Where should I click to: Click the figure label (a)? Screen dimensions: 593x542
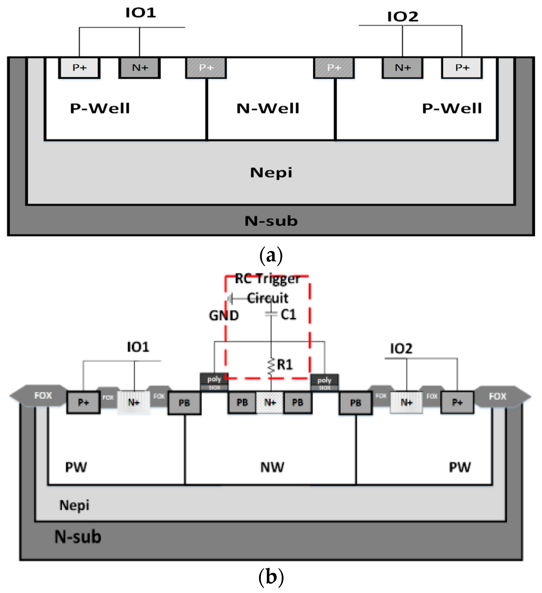[x=271, y=256]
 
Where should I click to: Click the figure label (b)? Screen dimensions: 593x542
[x=271, y=577]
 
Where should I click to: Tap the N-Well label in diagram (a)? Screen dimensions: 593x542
[x=268, y=108]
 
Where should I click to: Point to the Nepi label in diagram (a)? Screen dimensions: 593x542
[x=271, y=173]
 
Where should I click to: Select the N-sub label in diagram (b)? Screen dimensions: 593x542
[x=78, y=537]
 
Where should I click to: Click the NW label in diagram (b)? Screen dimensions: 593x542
[x=272, y=467]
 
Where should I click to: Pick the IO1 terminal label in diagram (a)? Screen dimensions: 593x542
[x=140, y=13]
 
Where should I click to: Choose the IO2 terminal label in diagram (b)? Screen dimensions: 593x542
[x=401, y=349]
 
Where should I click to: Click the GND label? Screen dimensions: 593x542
[x=224, y=316]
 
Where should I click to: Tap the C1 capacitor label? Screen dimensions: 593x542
[x=288, y=315]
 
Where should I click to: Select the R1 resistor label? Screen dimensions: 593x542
[x=285, y=365]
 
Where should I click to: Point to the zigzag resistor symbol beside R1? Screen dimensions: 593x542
[x=271, y=366]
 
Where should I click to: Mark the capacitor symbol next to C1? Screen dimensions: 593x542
[x=271, y=314]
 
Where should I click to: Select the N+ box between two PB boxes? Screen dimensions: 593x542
[x=270, y=402]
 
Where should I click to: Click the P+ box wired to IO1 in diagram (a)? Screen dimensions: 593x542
[x=79, y=68]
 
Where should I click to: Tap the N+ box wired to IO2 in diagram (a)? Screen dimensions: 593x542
[x=403, y=68]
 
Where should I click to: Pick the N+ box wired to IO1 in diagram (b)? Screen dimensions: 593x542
[x=134, y=402]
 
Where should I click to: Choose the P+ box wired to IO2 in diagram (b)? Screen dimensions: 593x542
[x=457, y=402]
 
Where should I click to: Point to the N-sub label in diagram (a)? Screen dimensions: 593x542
[x=271, y=221]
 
